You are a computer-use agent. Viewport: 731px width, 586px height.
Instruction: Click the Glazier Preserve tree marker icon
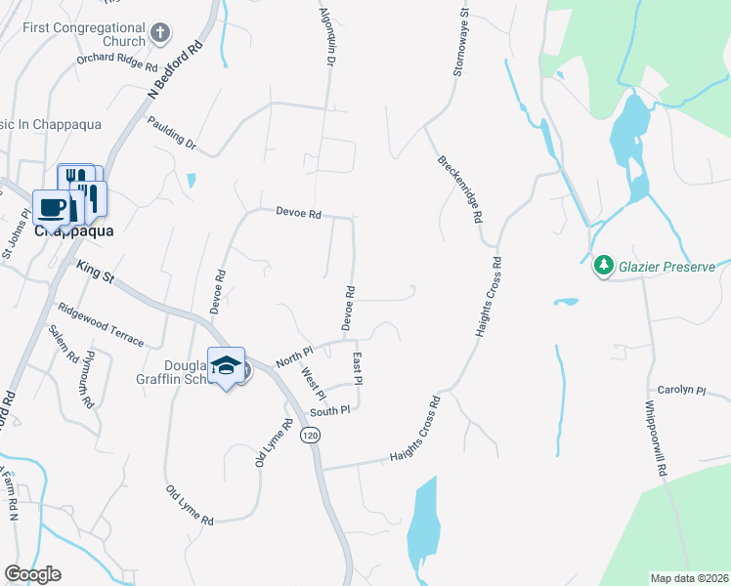pos(603,265)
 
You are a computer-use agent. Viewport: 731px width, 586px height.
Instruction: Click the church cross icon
pos(161,34)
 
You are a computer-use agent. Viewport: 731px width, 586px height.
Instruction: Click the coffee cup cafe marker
pos(51,207)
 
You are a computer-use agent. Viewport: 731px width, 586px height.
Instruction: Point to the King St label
pos(95,272)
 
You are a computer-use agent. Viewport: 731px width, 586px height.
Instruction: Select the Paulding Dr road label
pos(172,134)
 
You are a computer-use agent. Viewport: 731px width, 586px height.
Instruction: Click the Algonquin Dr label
pos(327,37)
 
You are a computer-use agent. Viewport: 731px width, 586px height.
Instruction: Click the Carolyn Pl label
pos(681,390)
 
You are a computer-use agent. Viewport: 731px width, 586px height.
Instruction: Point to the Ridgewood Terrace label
pos(101,326)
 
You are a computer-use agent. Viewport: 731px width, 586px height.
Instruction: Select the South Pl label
pos(330,412)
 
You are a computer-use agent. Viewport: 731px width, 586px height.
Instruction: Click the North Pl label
pos(293,356)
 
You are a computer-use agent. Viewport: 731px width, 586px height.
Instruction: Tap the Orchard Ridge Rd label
pos(117,62)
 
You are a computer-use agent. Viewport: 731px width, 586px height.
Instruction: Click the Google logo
pos(32,574)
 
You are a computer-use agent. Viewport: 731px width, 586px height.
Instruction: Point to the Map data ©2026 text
pos(689,578)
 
